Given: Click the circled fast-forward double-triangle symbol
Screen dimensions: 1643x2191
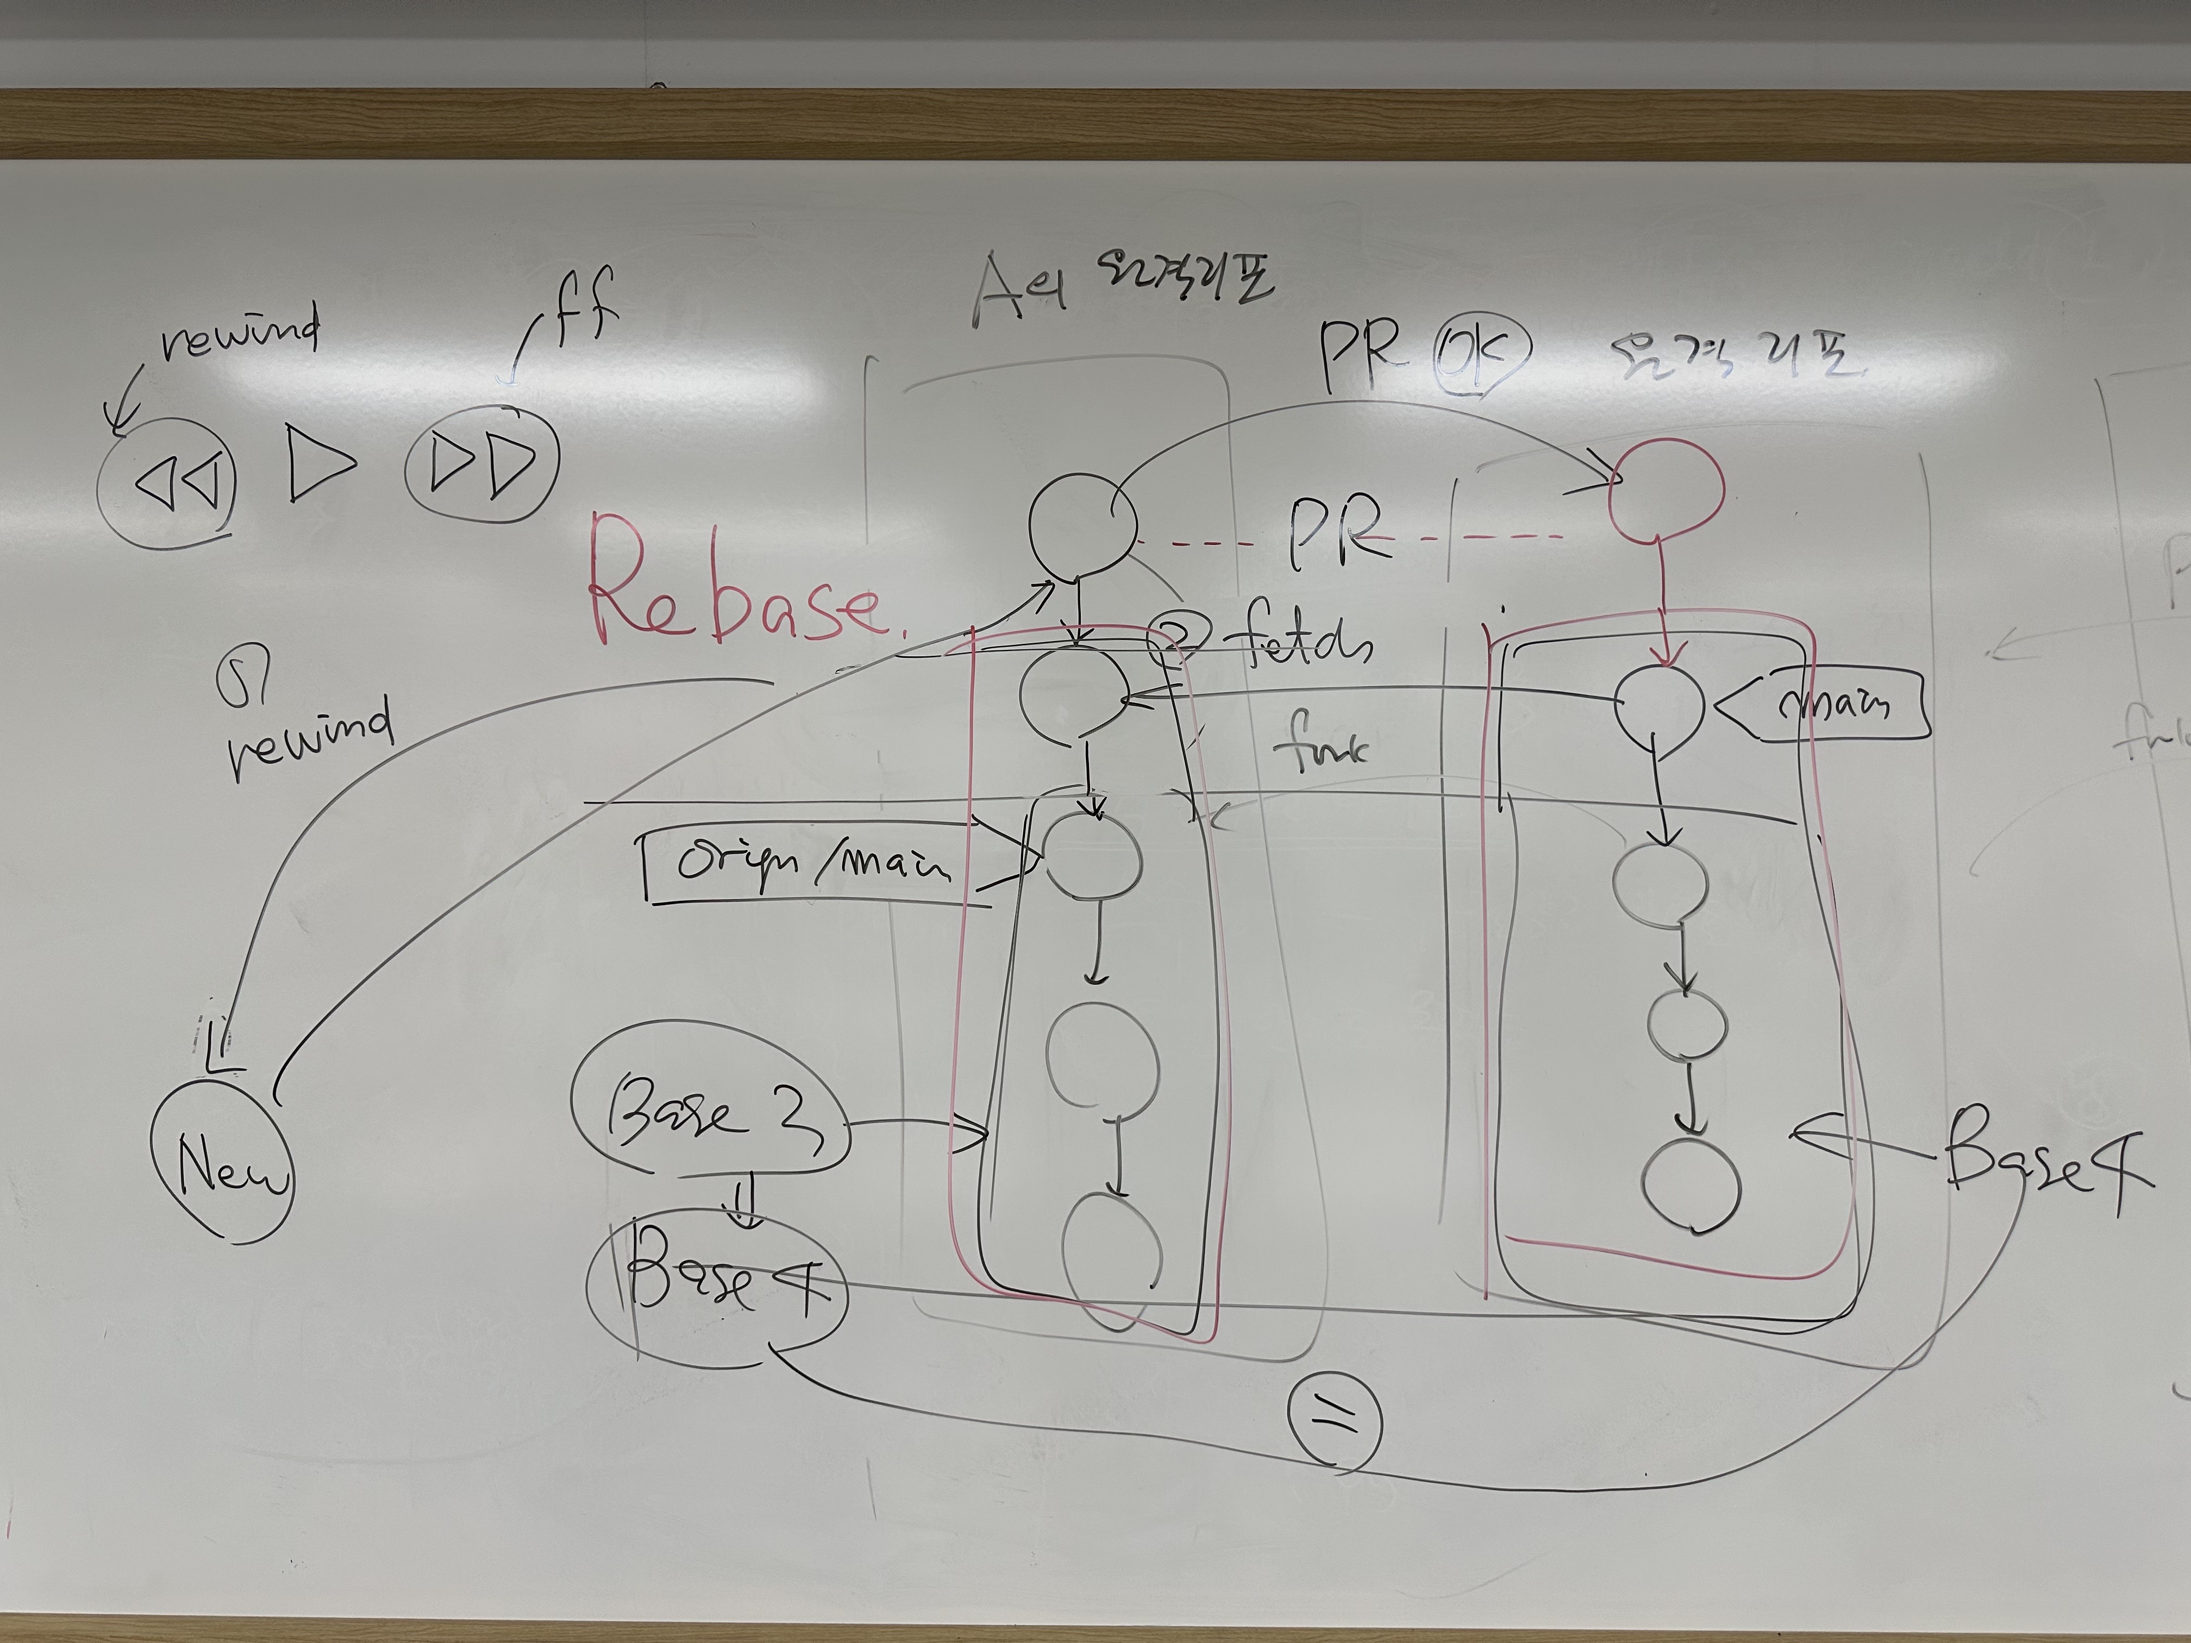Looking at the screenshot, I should tap(483, 462).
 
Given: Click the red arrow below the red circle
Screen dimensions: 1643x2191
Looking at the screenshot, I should tap(1664, 604).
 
